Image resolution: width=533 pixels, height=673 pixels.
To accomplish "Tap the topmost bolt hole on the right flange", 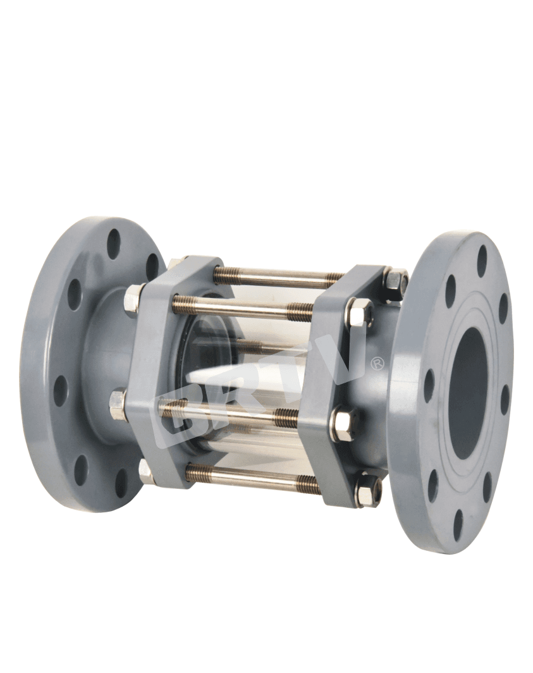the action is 482,257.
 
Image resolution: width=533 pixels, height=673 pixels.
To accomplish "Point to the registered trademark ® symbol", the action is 377,363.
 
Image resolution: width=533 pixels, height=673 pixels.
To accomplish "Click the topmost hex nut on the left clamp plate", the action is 176,264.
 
